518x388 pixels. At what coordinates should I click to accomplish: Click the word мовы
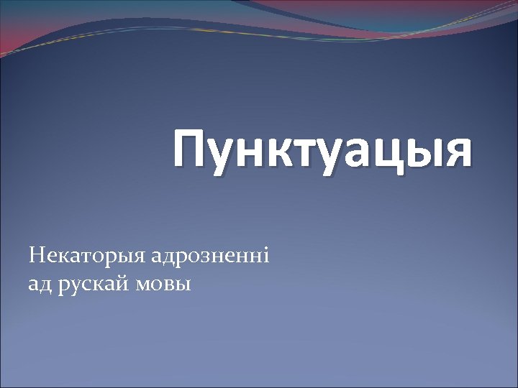[168, 285]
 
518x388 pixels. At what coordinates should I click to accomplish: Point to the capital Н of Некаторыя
[36, 254]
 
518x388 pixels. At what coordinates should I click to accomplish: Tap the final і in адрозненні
[265, 254]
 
